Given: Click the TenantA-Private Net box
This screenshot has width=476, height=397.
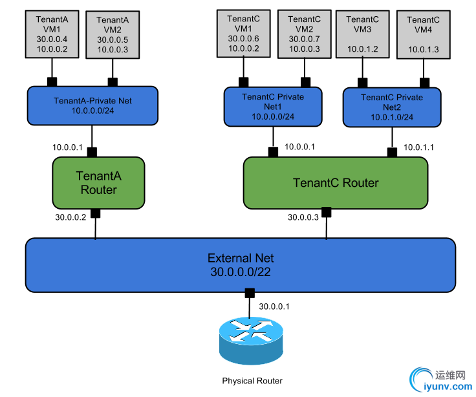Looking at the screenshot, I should pos(92,105).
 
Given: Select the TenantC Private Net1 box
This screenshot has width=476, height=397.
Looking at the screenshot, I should pos(272,107).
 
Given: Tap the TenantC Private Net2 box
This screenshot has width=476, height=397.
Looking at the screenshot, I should pos(392,107).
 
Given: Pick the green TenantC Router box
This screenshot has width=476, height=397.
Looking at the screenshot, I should pos(336,182).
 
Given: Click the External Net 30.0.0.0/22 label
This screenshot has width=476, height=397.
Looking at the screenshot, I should pos(240,264).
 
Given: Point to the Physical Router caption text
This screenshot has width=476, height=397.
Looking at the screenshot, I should pos(252,381).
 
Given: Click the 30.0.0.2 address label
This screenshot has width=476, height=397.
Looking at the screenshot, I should pos(70,217).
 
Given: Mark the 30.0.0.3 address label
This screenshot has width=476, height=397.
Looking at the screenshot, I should pos(303,217).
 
